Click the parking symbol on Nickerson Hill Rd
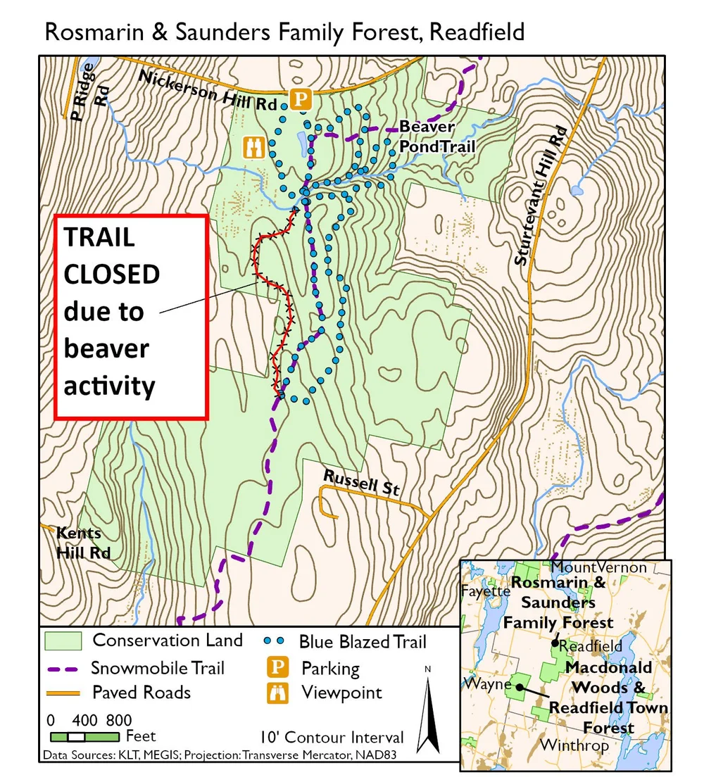[x=301, y=99]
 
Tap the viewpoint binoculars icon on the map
[x=253, y=147]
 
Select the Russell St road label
[x=360, y=482]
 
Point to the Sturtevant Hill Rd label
[x=541, y=196]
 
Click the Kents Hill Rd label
[x=83, y=542]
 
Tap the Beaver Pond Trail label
[x=436, y=137]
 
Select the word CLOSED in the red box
[x=112, y=274]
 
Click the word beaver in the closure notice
[x=106, y=348]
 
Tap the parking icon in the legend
[x=280, y=667]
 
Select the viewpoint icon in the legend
[x=280, y=693]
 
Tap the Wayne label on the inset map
[x=482, y=683]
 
